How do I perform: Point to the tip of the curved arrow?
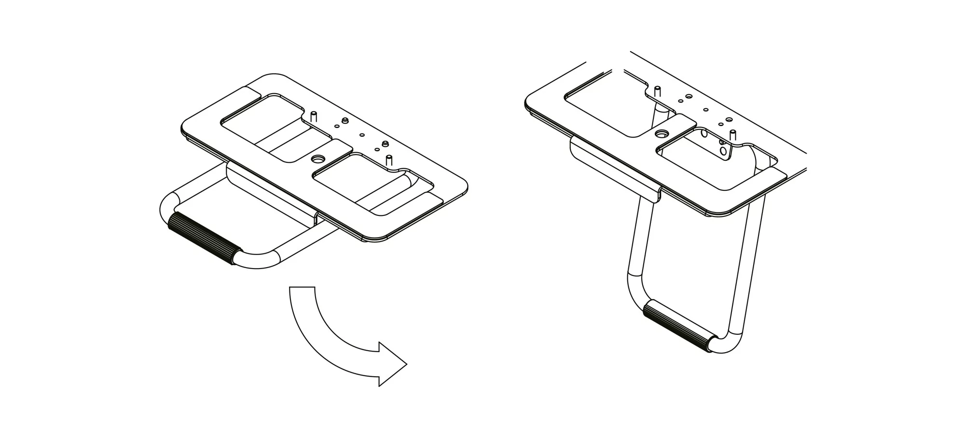click(x=406, y=364)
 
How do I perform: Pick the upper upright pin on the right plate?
click(x=657, y=91)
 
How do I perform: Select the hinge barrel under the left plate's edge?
click(x=270, y=188)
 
